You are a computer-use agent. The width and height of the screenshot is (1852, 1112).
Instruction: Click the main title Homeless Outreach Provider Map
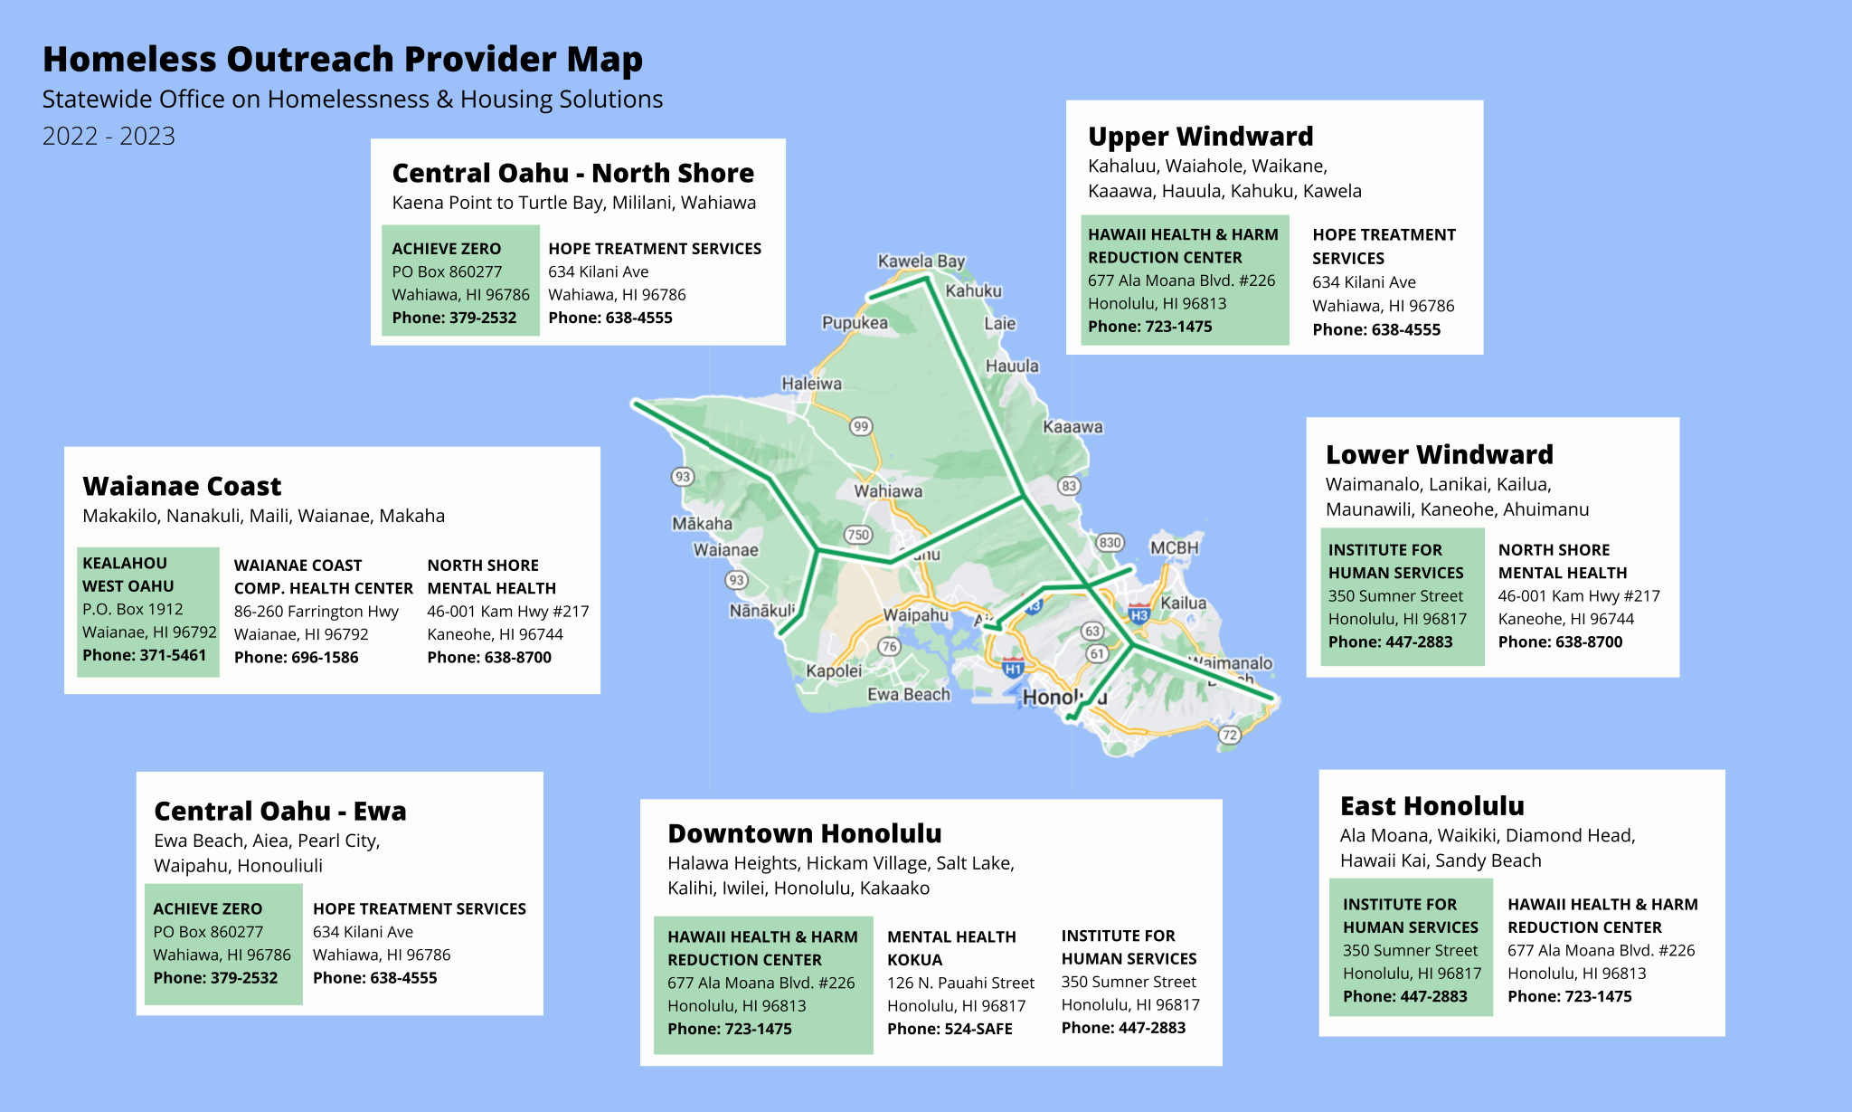click(x=343, y=60)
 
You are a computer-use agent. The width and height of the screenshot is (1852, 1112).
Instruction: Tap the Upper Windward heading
click(x=1200, y=137)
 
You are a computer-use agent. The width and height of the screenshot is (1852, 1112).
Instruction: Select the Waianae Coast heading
click(x=182, y=487)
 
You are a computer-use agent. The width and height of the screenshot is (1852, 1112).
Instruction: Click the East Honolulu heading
click(x=1432, y=806)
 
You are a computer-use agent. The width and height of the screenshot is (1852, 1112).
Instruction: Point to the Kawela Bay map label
click(x=921, y=261)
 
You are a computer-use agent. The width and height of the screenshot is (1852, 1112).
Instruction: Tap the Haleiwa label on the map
click(x=811, y=384)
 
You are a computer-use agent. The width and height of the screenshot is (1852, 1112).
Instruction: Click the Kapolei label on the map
click(x=834, y=671)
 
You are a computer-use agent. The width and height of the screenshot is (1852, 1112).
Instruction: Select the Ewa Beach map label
click(x=908, y=695)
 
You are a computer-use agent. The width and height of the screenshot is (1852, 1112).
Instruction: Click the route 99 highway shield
click(x=861, y=426)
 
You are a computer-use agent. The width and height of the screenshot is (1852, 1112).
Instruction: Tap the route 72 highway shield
click(x=1229, y=735)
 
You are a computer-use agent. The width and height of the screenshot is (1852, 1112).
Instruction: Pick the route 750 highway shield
click(x=857, y=535)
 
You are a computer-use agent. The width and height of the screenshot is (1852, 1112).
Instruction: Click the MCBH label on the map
click(x=1174, y=547)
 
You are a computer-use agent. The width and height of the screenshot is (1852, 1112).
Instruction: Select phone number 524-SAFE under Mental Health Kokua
click(x=950, y=1029)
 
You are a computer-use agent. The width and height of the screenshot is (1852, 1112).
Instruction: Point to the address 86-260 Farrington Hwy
click(x=317, y=612)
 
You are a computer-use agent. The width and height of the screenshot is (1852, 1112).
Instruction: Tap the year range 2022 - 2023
click(x=109, y=137)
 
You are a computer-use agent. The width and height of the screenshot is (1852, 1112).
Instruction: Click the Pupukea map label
click(x=854, y=323)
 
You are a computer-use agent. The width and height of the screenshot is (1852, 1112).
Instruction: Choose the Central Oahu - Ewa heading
click(x=279, y=811)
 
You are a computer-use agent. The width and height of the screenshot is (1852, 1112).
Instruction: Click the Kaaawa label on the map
click(x=1072, y=427)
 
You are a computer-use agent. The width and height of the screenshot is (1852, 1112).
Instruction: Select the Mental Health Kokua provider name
click(x=951, y=948)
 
